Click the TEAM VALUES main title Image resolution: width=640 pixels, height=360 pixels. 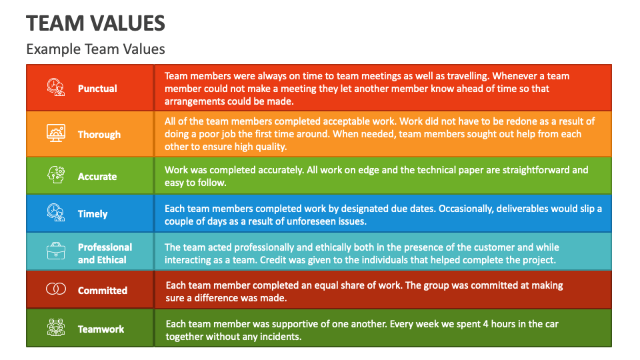pos(95,23)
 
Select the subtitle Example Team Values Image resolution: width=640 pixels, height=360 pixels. pos(95,49)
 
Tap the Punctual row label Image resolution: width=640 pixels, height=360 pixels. pos(97,89)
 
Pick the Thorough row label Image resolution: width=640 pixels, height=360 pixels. pos(99,135)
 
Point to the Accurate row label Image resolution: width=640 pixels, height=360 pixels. pos(97,177)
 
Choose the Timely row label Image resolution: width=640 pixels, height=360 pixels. pos(93,214)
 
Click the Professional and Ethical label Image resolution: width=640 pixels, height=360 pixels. pos(105,253)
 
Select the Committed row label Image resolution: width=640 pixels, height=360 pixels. pos(102,291)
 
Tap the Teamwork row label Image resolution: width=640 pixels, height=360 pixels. pos(101,329)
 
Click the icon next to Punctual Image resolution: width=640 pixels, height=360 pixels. pos(56,87)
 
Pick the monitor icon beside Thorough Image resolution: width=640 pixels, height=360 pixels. pos(56,133)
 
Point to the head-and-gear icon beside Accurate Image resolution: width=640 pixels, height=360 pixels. pos(56,176)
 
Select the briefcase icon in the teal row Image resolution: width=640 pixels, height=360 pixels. pos(56,252)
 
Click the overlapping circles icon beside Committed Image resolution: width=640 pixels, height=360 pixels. pos(56,289)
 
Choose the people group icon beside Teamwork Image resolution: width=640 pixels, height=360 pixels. pos(56,328)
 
